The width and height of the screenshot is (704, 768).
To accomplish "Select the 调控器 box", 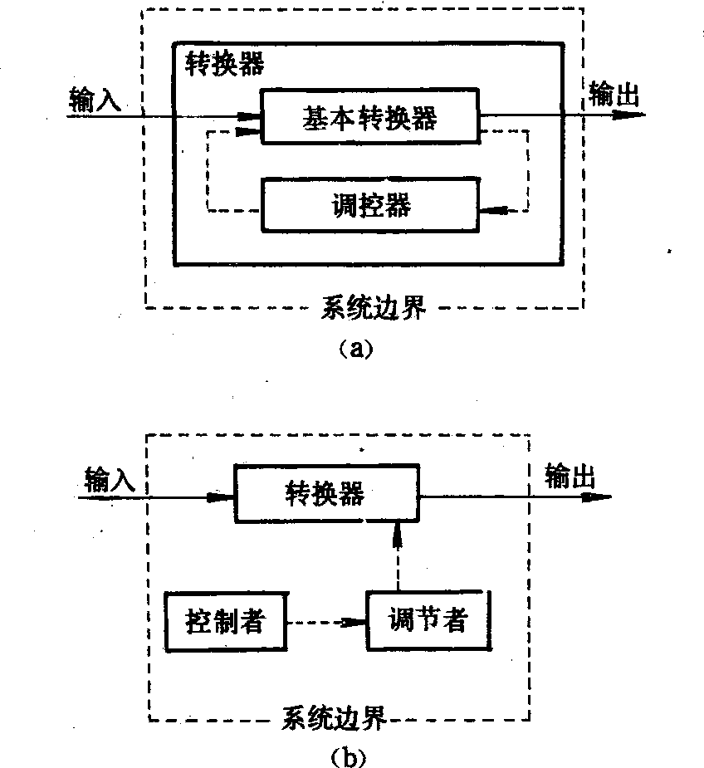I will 369,203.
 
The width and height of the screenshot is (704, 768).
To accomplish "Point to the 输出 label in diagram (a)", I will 615,94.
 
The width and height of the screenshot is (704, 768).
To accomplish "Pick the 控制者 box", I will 225,620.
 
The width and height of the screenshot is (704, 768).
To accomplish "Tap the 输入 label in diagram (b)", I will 110,479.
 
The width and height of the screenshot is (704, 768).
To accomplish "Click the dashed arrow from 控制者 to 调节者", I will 325,621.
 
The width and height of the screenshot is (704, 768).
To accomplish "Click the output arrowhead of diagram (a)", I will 631,115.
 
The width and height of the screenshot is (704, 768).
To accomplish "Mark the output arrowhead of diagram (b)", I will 598,497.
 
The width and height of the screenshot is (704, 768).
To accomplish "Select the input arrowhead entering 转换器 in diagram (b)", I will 221,497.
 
